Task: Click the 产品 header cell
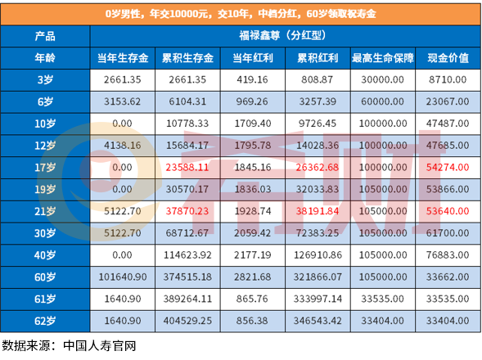click(46, 38)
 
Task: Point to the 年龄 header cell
click(46, 59)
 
